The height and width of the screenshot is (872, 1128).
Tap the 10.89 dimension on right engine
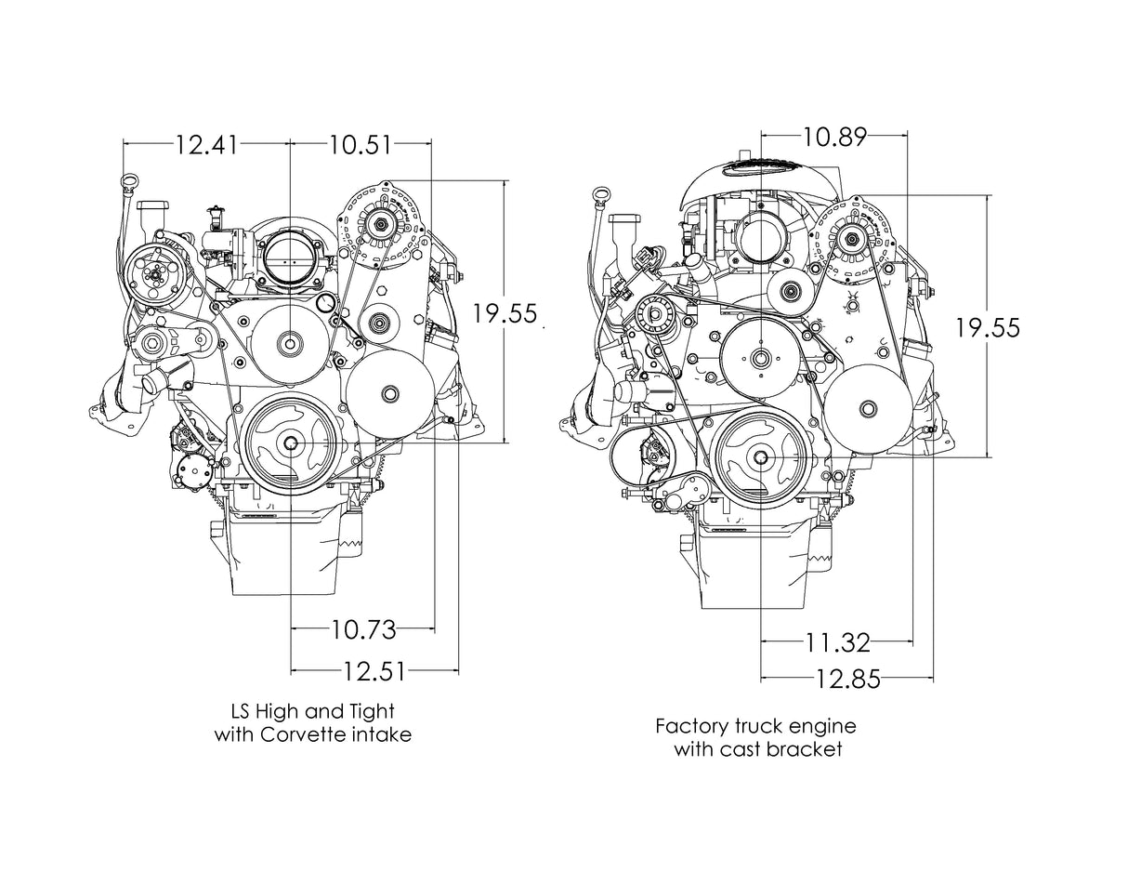[834, 137]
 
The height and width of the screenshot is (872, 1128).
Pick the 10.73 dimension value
[363, 630]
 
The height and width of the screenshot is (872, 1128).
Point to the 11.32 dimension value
[837, 641]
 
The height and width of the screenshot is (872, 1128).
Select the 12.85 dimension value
[847, 680]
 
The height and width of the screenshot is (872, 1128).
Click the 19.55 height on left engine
[505, 313]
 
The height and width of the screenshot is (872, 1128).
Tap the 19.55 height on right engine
[988, 327]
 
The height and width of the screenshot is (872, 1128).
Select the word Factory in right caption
[694, 725]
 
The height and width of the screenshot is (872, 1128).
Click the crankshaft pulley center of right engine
[761, 456]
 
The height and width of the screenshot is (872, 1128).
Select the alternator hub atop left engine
[380, 222]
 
